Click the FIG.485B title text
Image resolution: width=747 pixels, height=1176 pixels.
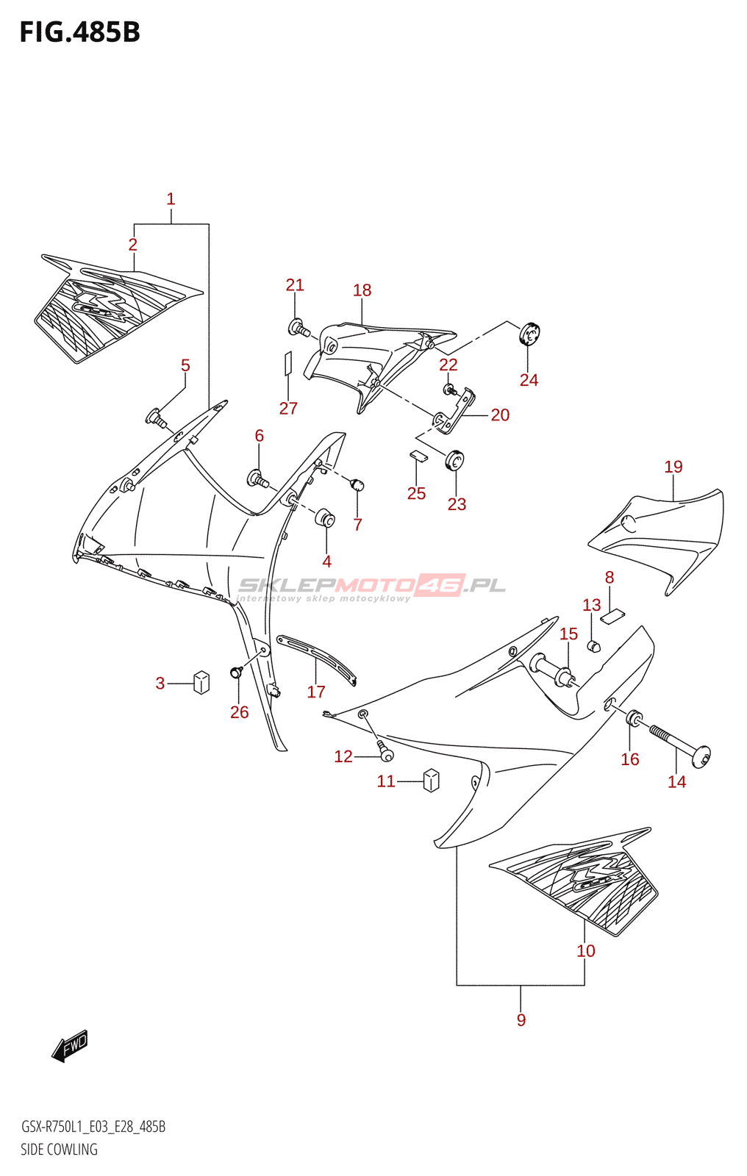tap(79, 32)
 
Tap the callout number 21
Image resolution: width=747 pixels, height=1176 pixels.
tap(295, 285)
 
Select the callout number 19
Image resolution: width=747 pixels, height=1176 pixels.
tap(673, 467)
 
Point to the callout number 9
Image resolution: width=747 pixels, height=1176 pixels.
tap(521, 1019)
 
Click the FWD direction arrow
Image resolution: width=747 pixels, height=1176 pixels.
tap(70, 1045)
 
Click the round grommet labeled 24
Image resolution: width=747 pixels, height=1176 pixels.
tap(529, 334)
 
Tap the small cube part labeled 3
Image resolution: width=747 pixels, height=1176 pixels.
tap(201, 682)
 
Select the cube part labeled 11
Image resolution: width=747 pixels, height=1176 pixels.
tap(432, 780)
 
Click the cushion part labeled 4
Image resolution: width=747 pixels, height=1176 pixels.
tap(326, 517)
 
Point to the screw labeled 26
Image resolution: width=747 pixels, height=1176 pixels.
tap(237, 672)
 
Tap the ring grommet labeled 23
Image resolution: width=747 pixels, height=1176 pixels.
tap(455, 461)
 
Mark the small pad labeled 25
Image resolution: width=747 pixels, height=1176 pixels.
tap(418, 456)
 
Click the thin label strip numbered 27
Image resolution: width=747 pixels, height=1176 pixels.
tap(288, 363)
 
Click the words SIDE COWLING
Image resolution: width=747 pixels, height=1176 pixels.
tap(59, 1150)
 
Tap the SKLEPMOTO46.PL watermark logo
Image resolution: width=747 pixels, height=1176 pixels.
tap(372, 586)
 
